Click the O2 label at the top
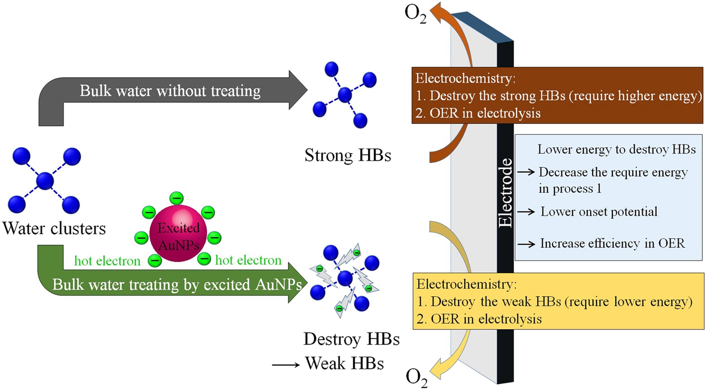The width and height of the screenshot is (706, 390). tap(415, 13)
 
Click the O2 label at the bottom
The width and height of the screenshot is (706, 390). tap(416, 377)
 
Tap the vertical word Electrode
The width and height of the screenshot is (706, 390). tap(505, 193)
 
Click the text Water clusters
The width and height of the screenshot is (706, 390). tap(54, 228)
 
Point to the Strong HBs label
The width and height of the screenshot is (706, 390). tap(347, 155)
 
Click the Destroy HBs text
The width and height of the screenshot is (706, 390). tap(351, 339)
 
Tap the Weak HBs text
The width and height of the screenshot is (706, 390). tap(344, 363)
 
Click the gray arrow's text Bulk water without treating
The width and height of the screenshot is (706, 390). tap(170, 91)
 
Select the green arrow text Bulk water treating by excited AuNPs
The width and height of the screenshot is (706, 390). tap(177, 285)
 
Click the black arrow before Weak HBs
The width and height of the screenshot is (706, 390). tap(286, 365)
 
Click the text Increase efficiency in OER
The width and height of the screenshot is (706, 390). tap(612, 243)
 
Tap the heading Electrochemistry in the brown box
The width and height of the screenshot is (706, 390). tap(465, 78)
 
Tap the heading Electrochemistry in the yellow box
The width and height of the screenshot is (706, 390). tap(466, 284)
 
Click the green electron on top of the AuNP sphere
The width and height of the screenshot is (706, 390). tap(177, 198)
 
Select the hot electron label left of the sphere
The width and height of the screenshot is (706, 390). tap(107, 261)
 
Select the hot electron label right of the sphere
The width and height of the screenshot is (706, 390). tap(248, 260)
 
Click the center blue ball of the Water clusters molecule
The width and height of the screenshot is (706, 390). tap(45, 181)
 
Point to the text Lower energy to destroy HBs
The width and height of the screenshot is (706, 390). tap(616, 149)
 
